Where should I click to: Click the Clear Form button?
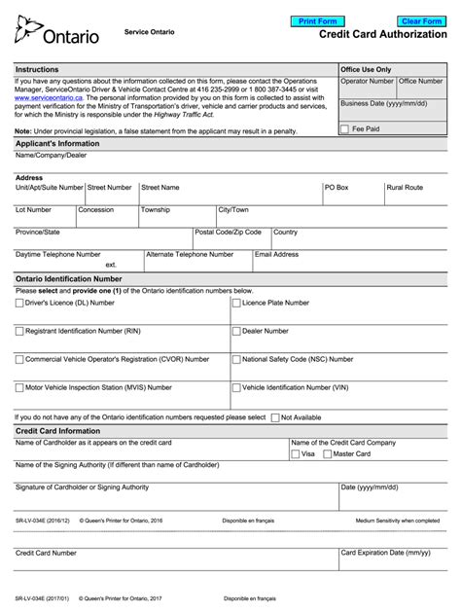(x=421, y=20)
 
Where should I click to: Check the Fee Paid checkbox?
(x=345, y=128)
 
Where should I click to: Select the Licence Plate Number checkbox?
(x=236, y=303)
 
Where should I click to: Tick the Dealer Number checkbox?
(x=236, y=331)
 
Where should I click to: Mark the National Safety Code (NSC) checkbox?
(x=236, y=359)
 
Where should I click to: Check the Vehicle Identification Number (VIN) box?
(x=236, y=386)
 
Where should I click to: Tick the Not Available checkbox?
(x=275, y=417)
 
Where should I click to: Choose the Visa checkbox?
(x=296, y=453)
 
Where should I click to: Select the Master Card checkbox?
(x=327, y=453)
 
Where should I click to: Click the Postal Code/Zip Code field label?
(x=228, y=233)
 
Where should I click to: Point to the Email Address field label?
(x=276, y=254)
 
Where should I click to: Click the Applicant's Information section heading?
(x=57, y=143)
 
